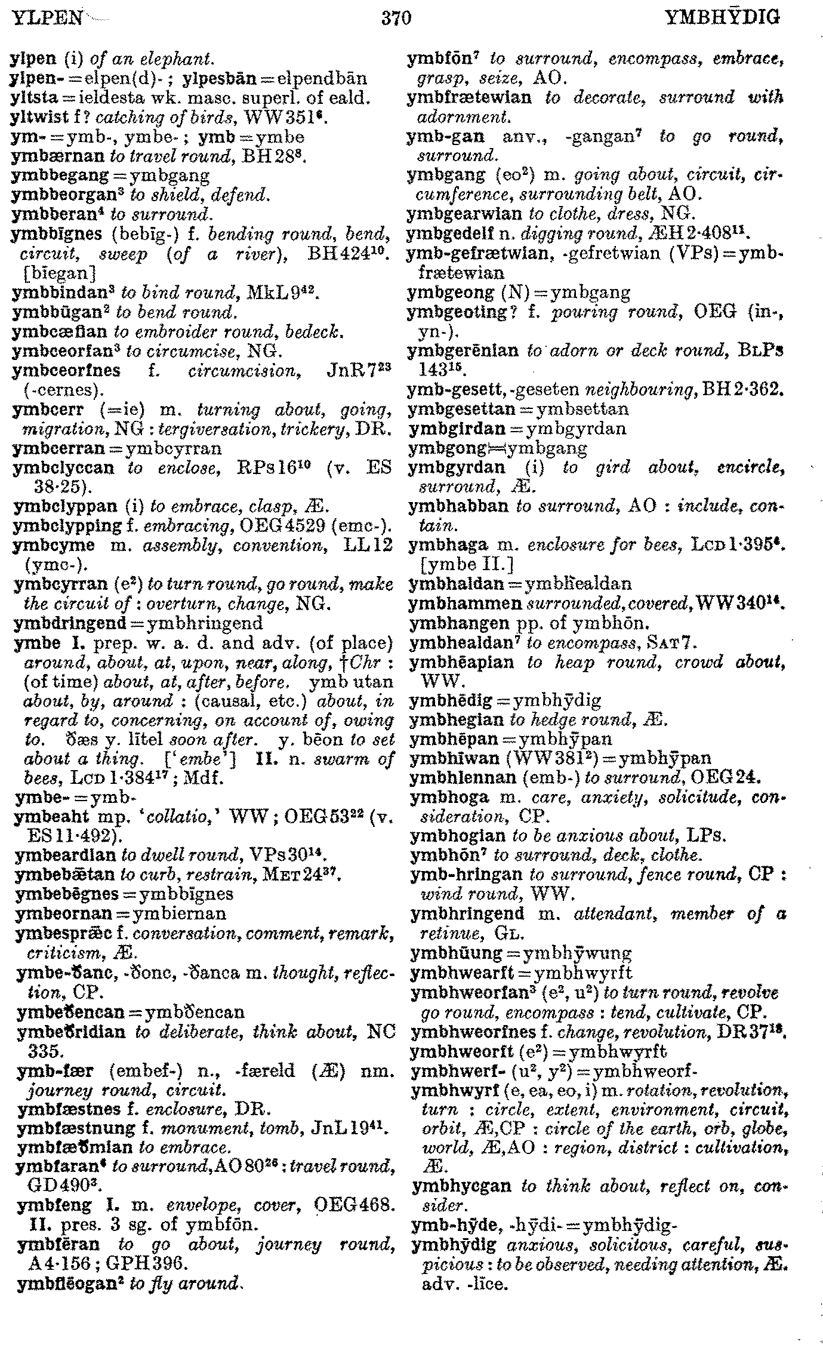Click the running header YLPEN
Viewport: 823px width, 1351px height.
click(47, 19)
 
